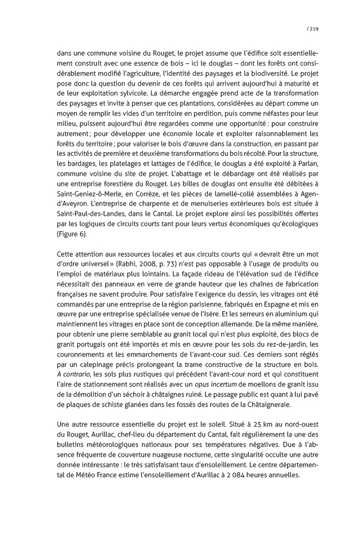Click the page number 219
[x=313, y=29]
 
